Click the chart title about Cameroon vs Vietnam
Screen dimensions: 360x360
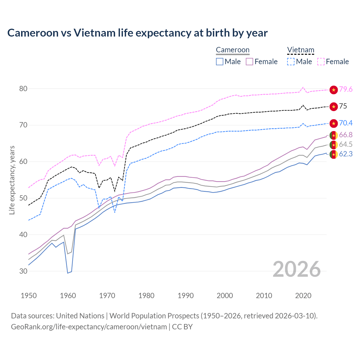[x=137, y=33]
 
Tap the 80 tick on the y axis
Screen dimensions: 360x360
[x=23, y=89]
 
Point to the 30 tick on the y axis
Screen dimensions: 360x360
[x=23, y=271]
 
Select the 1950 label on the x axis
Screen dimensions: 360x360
[x=29, y=296]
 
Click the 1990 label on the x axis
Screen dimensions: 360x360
[x=186, y=296]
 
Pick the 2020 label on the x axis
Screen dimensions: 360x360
[x=303, y=296]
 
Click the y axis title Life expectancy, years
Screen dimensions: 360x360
[x=12, y=180]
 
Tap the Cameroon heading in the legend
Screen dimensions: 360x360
[x=233, y=50]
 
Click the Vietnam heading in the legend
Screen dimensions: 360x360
[x=300, y=50]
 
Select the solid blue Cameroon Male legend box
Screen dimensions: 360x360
[x=220, y=62]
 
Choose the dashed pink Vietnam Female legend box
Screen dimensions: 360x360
[x=321, y=62]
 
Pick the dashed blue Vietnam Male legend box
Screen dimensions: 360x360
[x=291, y=62]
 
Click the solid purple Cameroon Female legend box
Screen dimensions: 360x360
[x=249, y=62]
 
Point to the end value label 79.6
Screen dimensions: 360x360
[x=346, y=89]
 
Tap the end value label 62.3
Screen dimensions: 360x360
[x=346, y=154]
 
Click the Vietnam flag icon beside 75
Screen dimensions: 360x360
[x=334, y=107]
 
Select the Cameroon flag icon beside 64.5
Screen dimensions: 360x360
[x=334, y=145]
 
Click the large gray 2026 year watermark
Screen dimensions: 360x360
[x=297, y=269]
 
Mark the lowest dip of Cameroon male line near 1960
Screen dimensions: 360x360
[x=68, y=273]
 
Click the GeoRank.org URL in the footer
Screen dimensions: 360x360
[x=89, y=327]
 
